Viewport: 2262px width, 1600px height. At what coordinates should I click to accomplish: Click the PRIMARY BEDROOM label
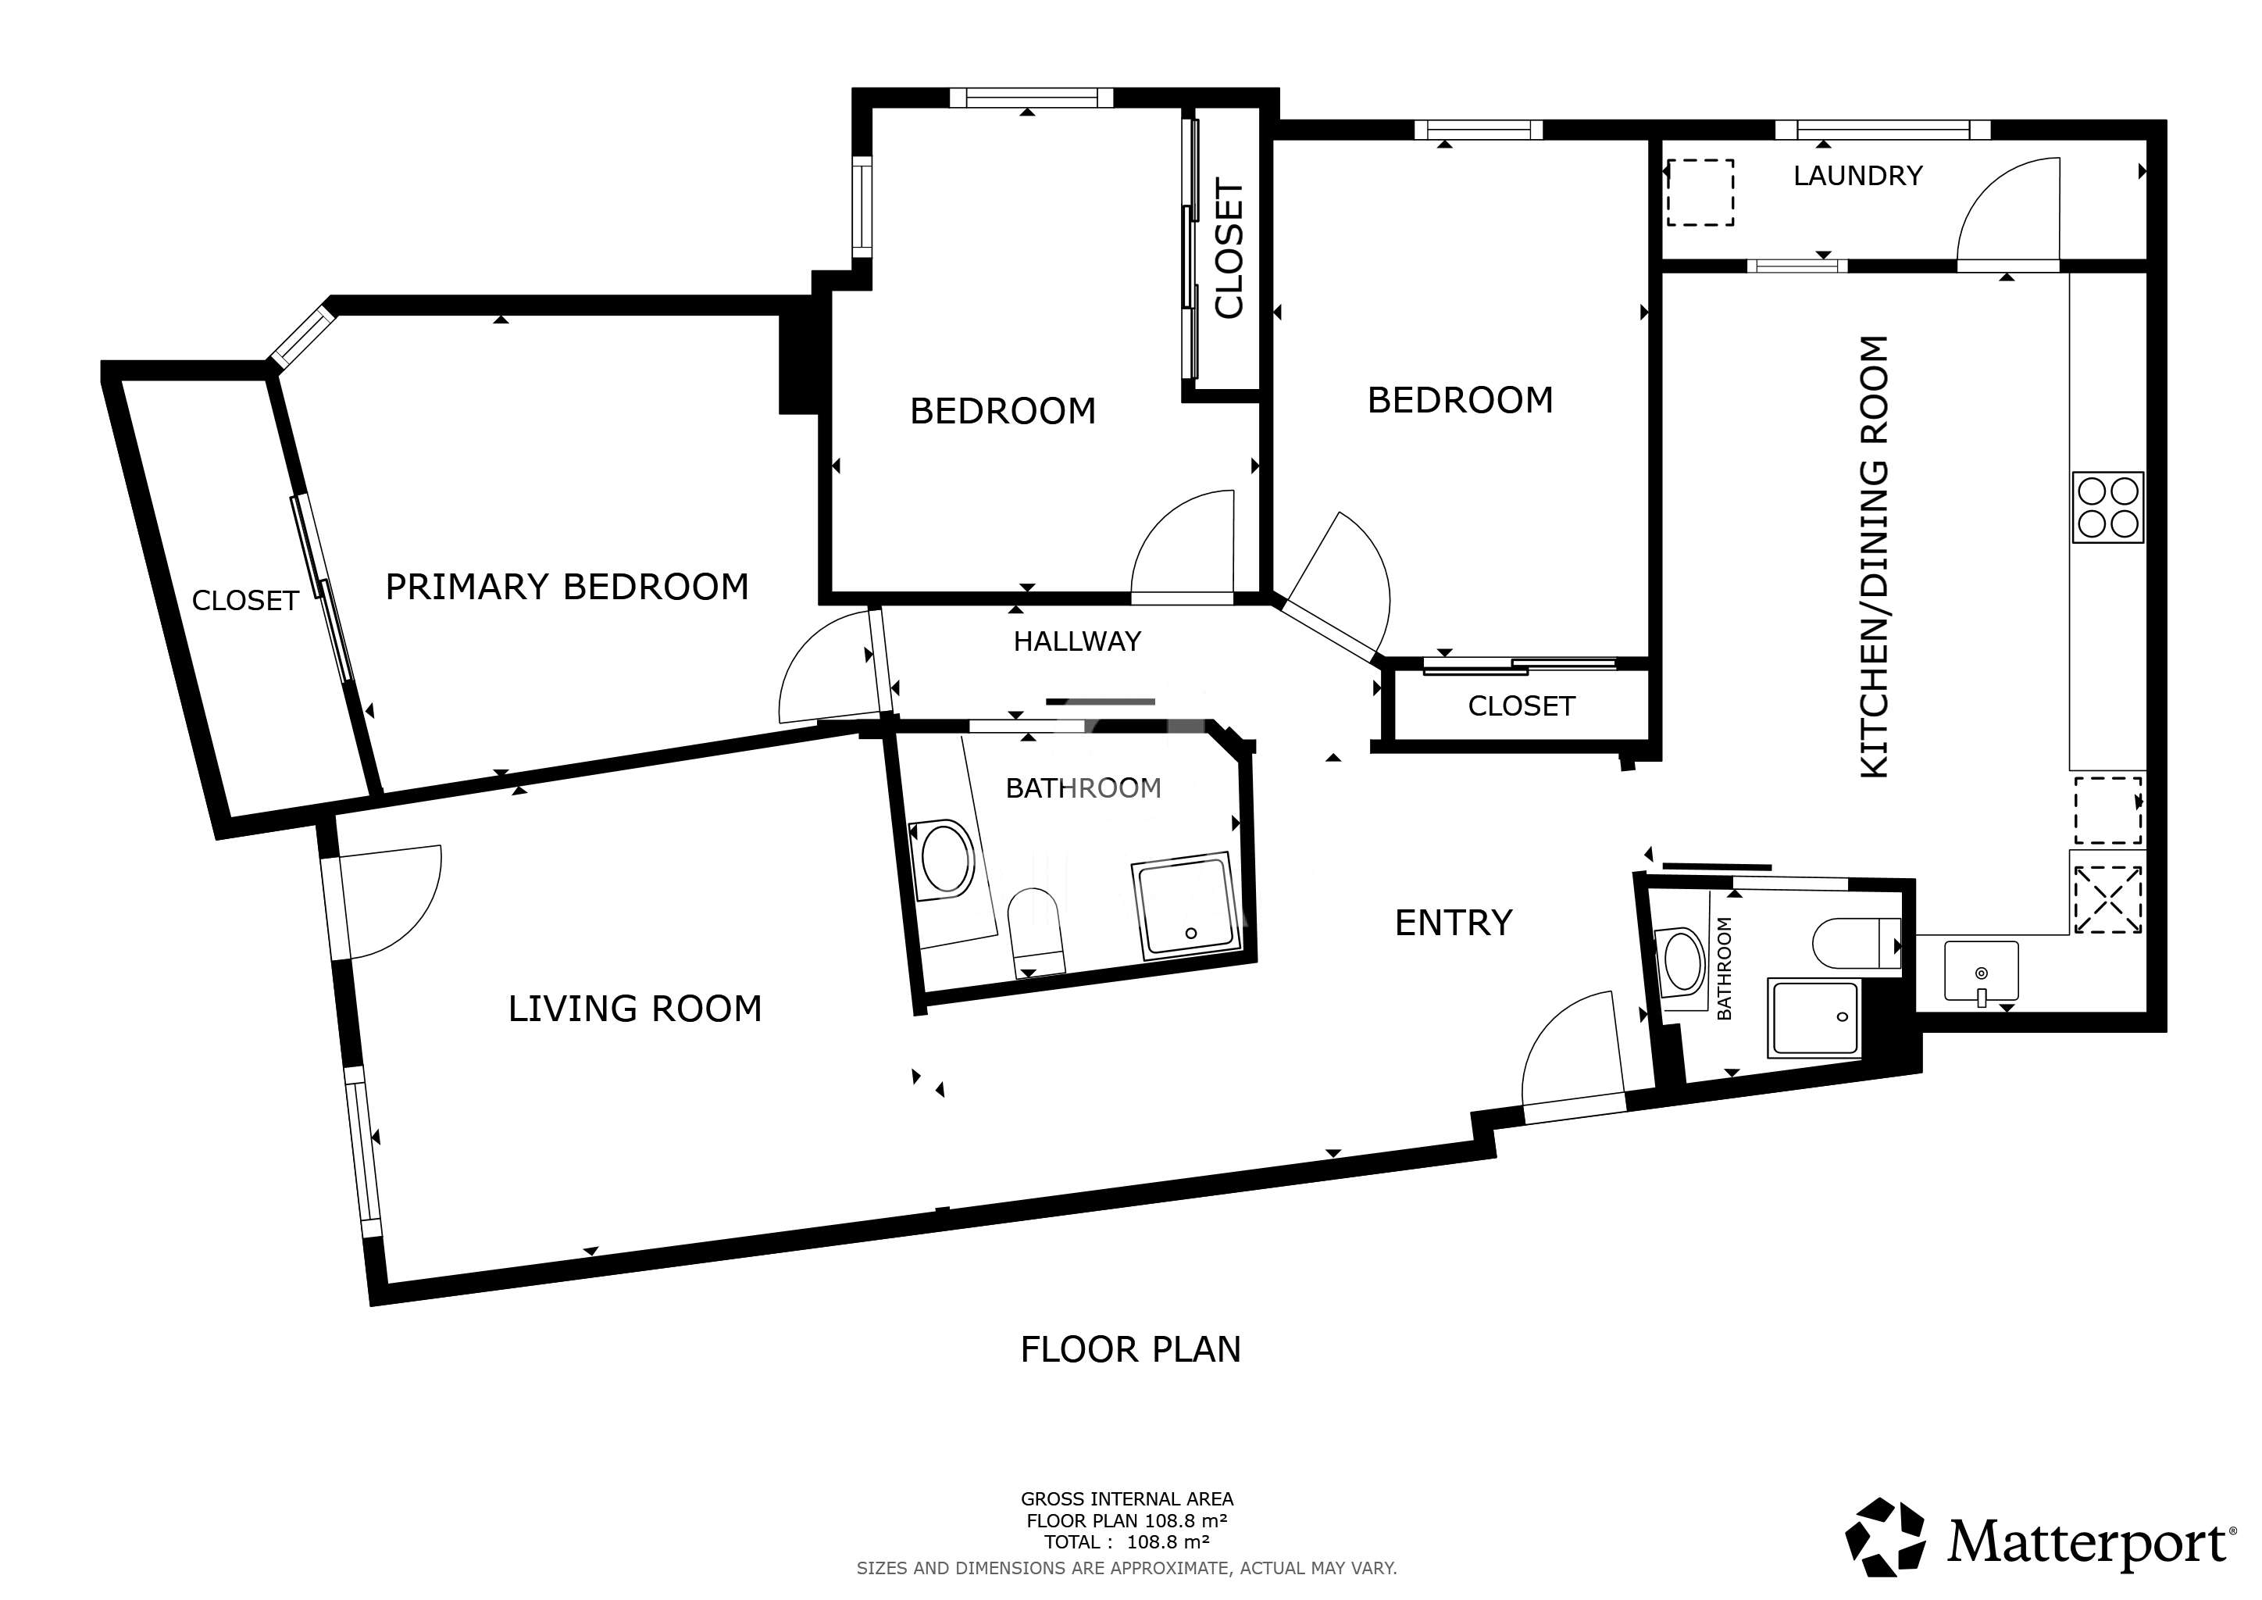pos(566,587)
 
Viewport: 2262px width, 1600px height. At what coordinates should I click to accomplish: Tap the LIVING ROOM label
pos(636,1009)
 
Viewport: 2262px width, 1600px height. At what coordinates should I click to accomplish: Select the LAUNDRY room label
pos(1858,175)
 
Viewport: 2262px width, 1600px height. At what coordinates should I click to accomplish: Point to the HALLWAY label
pos(1077,641)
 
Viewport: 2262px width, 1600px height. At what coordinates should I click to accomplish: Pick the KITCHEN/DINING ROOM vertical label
pos(1874,557)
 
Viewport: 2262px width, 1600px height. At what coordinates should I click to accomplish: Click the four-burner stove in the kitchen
pos(2108,507)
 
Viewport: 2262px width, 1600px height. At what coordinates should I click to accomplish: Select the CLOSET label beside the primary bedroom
pos(245,601)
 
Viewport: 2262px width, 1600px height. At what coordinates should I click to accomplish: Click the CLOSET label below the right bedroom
pos(1521,706)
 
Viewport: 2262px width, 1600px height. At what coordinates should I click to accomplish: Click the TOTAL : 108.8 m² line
pos(1127,1542)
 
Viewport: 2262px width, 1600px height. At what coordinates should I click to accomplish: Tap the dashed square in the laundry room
pos(1700,193)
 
